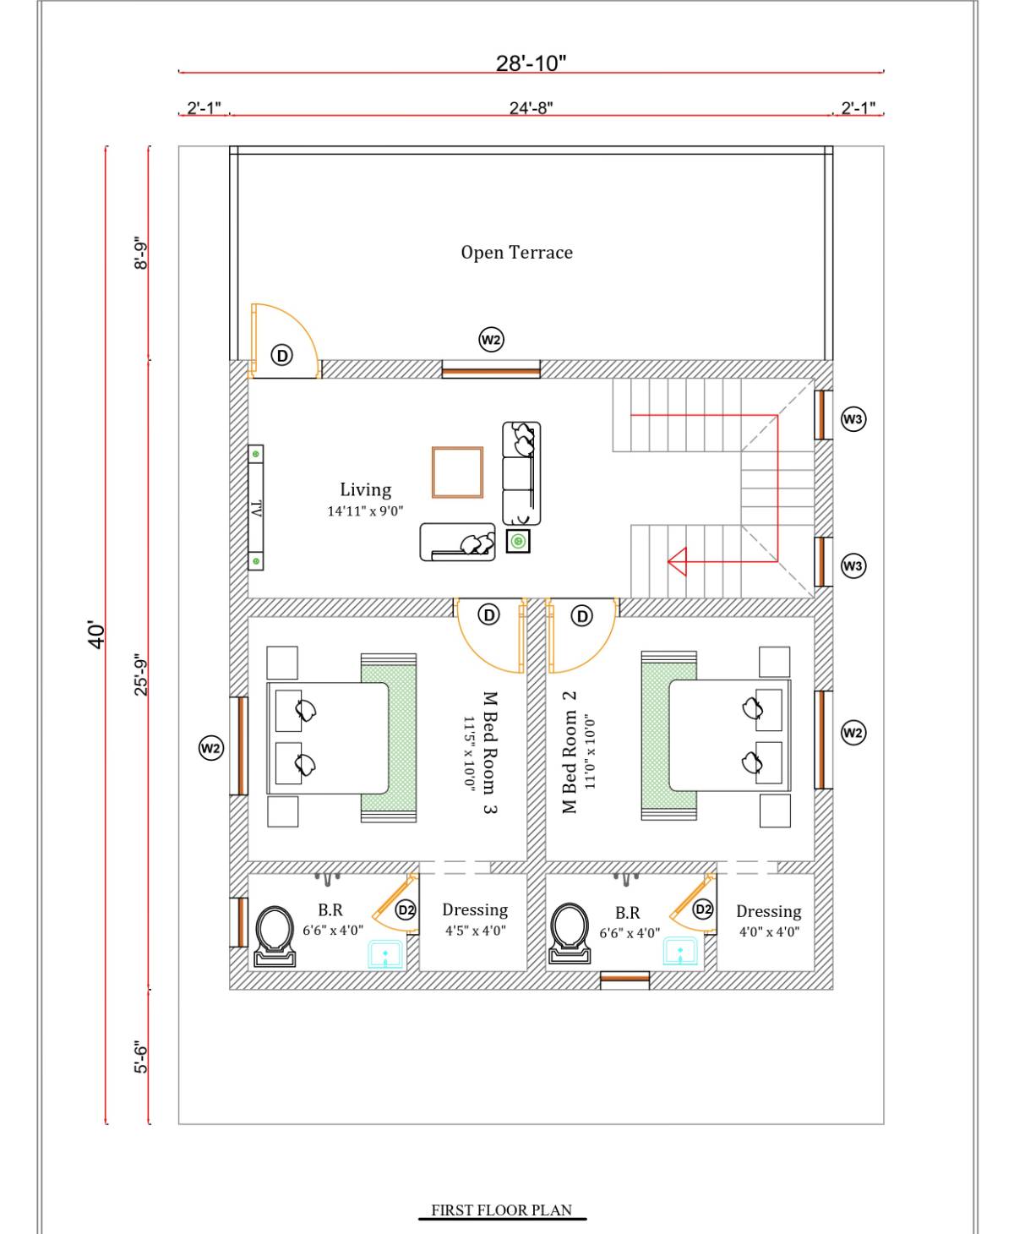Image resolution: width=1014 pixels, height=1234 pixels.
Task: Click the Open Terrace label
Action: point(516,252)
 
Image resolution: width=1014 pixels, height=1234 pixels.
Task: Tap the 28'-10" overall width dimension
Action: point(531,63)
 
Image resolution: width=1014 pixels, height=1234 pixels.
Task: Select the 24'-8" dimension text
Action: point(531,108)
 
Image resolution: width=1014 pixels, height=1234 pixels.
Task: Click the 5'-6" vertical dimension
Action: point(141,1057)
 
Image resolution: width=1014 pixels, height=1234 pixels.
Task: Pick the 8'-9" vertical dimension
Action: point(141,253)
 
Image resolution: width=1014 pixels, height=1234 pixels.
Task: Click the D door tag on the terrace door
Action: point(281,355)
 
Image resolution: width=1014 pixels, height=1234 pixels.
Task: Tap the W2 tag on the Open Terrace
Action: point(491,340)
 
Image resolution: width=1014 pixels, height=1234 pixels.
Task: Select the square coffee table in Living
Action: point(457,472)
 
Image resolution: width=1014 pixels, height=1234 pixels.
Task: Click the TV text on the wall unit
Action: point(256,508)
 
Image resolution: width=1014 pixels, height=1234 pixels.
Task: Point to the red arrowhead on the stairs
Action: point(677,562)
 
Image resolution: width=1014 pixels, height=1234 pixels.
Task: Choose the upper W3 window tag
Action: point(853,419)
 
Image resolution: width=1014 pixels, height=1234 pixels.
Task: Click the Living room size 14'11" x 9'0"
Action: point(365,511)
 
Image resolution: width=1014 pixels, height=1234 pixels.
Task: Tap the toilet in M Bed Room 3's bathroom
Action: point(275,936)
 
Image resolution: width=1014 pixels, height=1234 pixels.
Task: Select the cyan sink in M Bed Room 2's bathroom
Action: point(680,951)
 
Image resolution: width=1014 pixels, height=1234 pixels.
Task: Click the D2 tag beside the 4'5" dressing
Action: point(406,909)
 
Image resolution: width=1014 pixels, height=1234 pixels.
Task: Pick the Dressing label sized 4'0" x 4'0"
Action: point(768,912)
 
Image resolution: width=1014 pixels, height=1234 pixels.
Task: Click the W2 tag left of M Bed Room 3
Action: point(210,748)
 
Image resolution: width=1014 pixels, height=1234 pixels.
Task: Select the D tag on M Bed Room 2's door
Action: point(581,616)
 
